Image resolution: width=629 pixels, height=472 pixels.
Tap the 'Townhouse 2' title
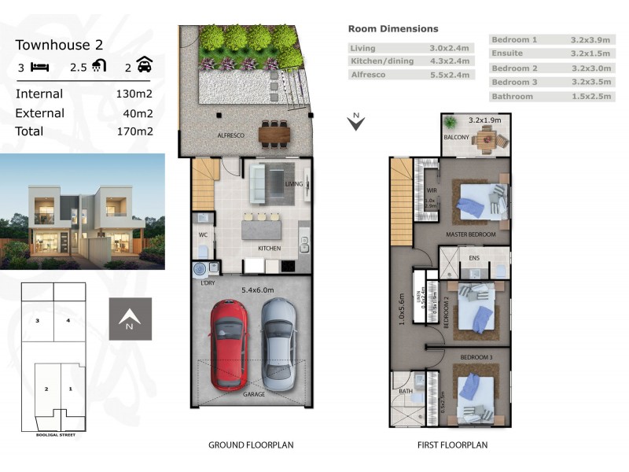[x=60, y=45]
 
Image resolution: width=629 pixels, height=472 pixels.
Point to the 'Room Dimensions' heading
[x=393, y=29]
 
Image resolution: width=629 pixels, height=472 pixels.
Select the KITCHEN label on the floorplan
[x=270, y=248]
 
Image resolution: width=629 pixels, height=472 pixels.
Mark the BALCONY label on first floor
[x=456, y=137]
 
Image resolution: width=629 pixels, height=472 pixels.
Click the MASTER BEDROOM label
[x=471, y=234]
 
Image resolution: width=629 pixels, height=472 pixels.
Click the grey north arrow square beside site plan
[x=131, y=319]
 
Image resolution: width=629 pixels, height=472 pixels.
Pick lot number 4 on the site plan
[x=68, y=320]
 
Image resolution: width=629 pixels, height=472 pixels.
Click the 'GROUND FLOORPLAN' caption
[x=251, y=445]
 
